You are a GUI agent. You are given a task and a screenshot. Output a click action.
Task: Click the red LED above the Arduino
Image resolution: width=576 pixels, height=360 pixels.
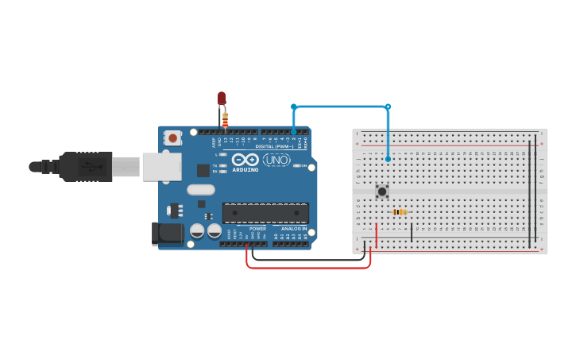coord(222,99)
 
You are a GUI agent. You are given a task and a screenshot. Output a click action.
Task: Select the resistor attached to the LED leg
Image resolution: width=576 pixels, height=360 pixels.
coord(225,120)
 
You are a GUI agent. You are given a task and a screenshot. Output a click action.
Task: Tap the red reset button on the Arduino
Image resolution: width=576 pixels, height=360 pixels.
coord(172,138)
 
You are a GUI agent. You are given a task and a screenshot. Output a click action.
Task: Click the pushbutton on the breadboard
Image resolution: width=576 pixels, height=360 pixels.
coord(382,191)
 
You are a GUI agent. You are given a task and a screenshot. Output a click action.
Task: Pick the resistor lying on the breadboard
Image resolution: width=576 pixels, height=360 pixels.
coord(400,212)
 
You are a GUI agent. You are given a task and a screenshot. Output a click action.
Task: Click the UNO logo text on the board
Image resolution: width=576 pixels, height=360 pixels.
coord(276,160)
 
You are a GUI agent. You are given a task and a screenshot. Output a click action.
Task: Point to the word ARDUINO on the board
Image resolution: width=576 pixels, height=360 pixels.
coord(245,169)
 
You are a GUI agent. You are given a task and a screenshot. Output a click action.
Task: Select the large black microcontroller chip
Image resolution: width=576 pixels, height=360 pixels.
coord(265,213)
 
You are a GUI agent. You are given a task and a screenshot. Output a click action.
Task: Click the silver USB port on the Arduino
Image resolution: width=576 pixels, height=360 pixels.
coord(161,166)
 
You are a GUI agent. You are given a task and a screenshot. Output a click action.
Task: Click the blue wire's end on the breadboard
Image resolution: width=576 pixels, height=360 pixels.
coord(388,159)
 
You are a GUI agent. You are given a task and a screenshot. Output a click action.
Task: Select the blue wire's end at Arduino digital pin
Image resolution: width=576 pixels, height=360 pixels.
coord(293,131)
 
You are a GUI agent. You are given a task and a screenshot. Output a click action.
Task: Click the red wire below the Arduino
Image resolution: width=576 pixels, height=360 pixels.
coord(310,268)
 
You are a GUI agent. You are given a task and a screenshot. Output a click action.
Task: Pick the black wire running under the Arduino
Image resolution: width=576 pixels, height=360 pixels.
coord(310,259)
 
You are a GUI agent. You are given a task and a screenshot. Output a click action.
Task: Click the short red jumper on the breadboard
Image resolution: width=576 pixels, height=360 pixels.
coord(377,232)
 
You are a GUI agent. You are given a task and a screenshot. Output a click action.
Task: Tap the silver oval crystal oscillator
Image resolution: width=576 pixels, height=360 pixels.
coord(201,190)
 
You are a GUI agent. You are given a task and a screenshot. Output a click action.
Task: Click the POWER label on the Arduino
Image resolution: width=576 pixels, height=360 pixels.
coord(257,229)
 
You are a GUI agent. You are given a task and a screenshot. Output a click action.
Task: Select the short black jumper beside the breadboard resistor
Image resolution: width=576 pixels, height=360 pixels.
coord(412,231)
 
